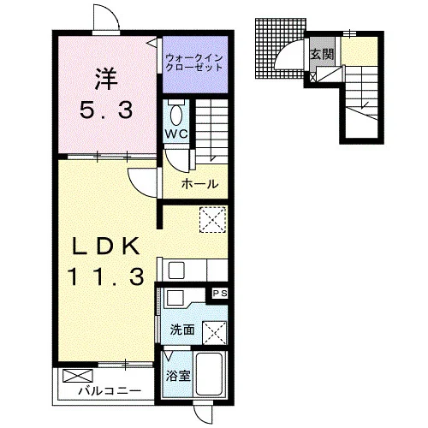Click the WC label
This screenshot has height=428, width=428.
(x=176, y=134)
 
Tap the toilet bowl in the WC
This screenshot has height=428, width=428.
(x=176, y=115)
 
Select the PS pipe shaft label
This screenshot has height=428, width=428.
(x=220, y=294)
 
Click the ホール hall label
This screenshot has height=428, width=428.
(x=199, y=184)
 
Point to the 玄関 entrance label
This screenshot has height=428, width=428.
(x=322, y=54)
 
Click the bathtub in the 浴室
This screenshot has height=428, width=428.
(x=210, y=374)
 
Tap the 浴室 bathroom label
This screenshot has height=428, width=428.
(x=178, y=376)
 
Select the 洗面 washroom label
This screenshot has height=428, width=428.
(x=182, y=330)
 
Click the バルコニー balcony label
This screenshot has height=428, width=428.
(x=110, y=390)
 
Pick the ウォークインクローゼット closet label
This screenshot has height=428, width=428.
(x=194, y=62)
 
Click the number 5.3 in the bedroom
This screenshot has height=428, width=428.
(x=106, y=110)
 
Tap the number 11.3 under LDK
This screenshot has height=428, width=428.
(x=105, y=277)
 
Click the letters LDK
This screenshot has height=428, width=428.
(x=106, y=246)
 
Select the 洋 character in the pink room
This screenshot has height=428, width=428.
(x=106, y=79)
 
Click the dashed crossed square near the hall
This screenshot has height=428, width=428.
(x=212, y=220)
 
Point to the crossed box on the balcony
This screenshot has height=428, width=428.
(x=78, y=376)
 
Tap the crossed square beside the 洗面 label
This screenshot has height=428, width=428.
(x=215, y=333)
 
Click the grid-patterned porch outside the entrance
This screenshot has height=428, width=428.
(x=281, y=49)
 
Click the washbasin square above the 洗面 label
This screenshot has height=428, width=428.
(x=175, y=298)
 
